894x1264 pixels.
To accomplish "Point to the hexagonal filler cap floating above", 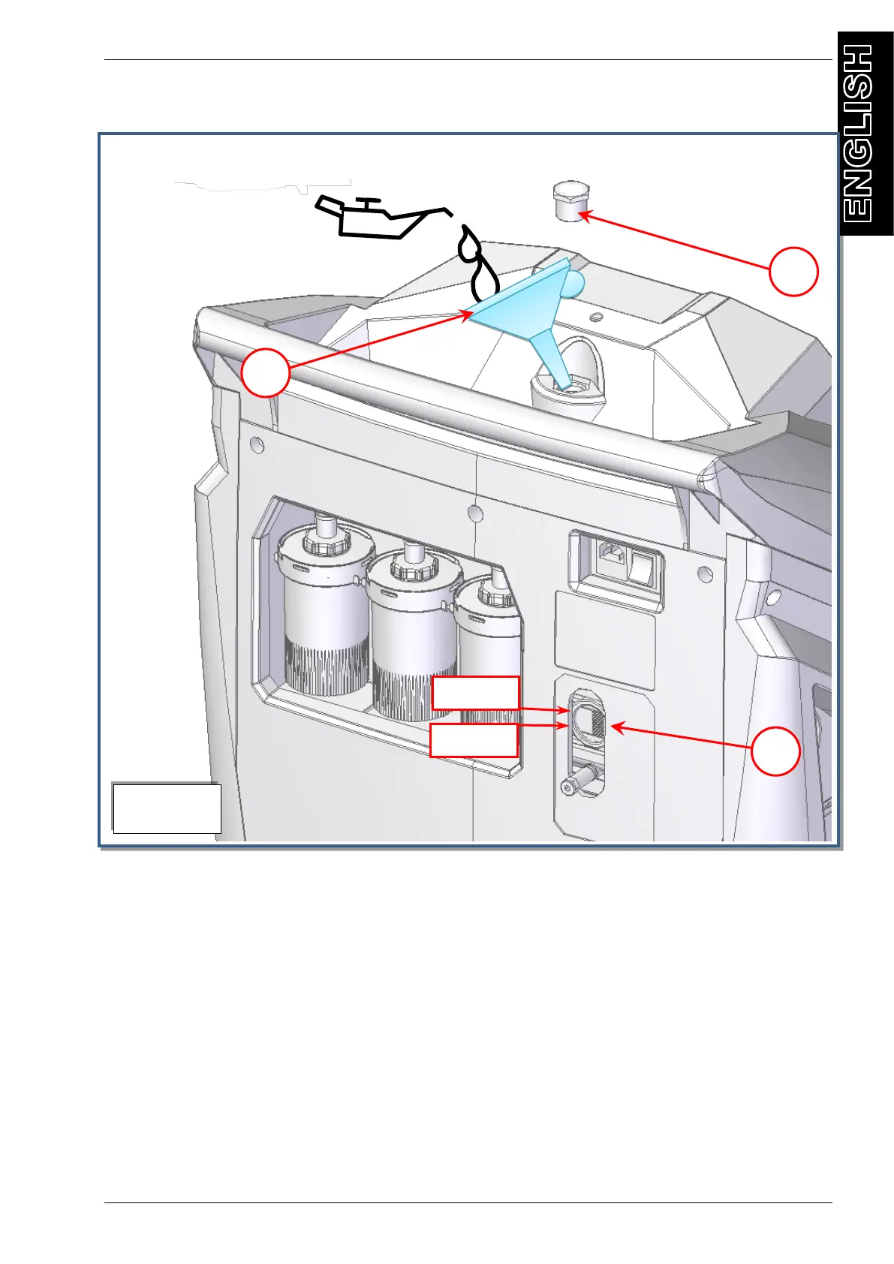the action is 570,200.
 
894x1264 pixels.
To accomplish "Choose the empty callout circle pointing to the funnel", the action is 265,372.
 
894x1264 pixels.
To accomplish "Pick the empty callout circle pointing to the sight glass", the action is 775,751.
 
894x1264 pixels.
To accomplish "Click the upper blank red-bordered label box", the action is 475,693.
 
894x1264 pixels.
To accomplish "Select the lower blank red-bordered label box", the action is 474,741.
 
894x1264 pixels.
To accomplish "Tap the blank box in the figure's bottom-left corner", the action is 167,808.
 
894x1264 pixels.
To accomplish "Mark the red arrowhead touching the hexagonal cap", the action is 583,215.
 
